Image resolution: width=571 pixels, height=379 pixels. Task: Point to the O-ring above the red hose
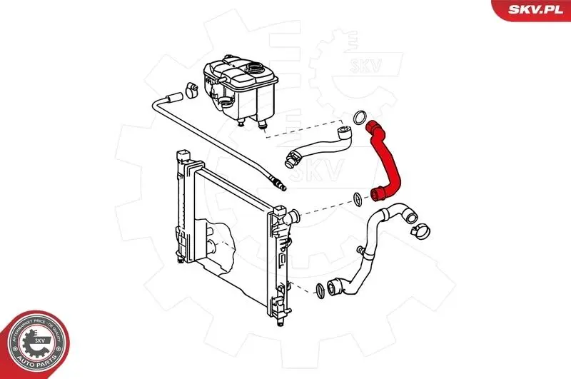(361, 116)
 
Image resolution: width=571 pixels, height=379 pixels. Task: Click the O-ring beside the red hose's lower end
(356, 198)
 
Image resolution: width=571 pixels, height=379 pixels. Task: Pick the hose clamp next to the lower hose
(420, 231)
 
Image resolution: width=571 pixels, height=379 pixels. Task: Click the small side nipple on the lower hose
(365, 251)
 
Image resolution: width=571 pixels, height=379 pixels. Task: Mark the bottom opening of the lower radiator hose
(333, 290)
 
